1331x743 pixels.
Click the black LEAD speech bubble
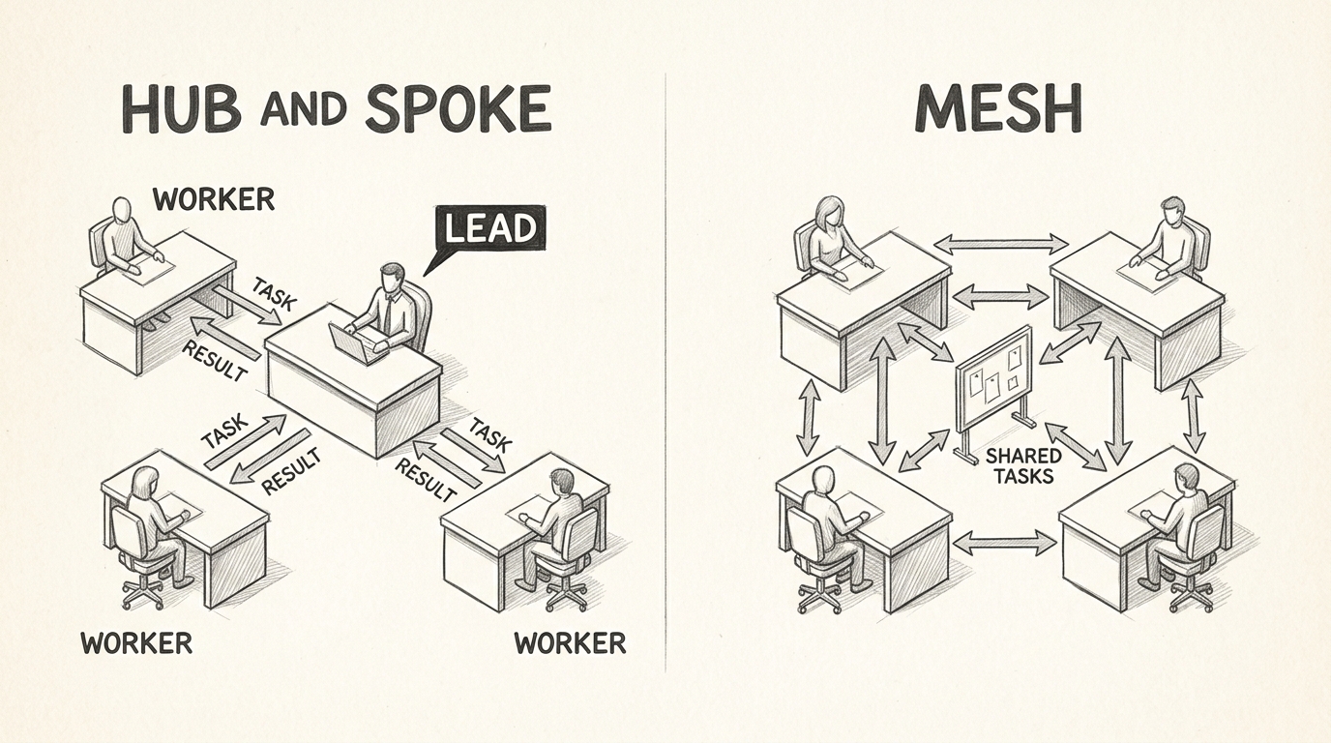(489, 229)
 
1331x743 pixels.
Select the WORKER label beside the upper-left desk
(213, 199)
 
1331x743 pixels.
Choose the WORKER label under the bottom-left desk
(136, 642)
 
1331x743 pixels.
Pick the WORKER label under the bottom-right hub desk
(570, 642)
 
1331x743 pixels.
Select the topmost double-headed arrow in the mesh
(1001, 244)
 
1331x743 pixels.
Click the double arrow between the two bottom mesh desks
(1005, 543)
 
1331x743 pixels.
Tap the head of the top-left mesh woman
(830, 210)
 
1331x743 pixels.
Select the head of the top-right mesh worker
(1171, 209)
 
